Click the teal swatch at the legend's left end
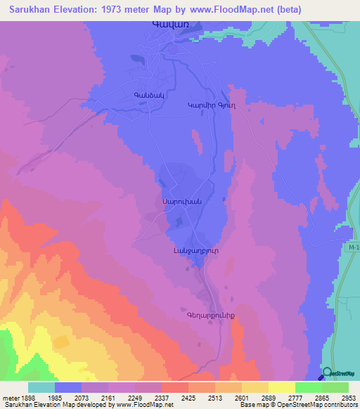coord(41,387)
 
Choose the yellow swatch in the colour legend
coord(281,387)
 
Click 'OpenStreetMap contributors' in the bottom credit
coord(319,405)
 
